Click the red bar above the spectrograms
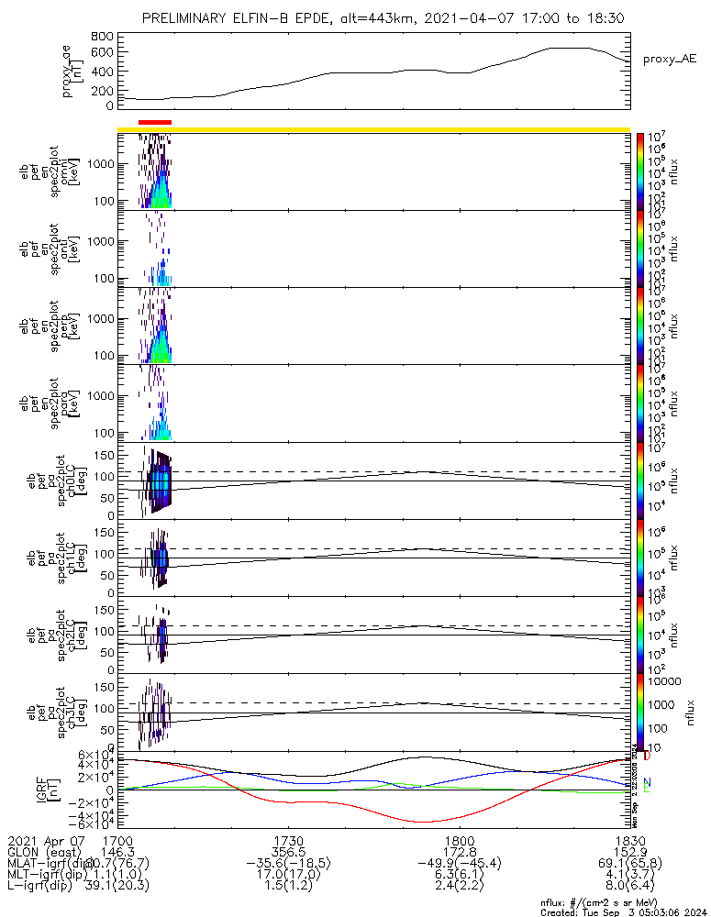point(154,121)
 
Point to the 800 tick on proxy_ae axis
point(103,37)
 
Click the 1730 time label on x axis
point(289,840)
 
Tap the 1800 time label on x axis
point(459,840)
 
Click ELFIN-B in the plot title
point(281,18)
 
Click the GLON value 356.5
point(289,852)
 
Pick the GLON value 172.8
point(459,852)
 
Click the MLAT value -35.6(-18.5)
point(289,864)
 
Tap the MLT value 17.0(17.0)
point(289,876)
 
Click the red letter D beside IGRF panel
point(647,757)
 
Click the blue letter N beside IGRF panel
point(647,782)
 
